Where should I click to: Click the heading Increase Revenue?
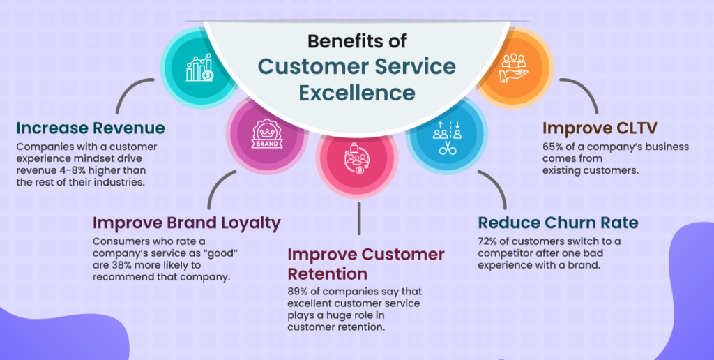coord(91,128)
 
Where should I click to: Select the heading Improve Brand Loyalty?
coord(186,223)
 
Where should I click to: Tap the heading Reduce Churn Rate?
coord(558,223)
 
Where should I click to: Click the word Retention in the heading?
coord(328,273)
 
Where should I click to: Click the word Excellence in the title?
coord(357,92)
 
